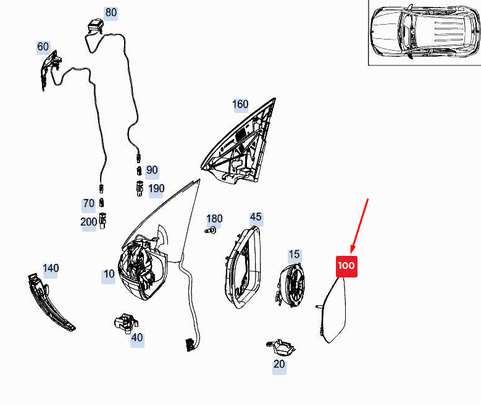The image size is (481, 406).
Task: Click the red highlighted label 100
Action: coord(346,266)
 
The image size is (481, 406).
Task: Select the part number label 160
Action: coord(240,104)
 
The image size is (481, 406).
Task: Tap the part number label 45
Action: coord(256,217)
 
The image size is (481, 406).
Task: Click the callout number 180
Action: coord(214,219)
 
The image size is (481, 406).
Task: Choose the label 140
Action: coord(51,268)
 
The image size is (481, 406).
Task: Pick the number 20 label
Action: coord(279,364)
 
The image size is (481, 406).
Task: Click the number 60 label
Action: coord(43,47)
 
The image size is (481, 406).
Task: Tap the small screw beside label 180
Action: coord(210,230)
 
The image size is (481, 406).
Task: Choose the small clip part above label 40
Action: coord(126,323)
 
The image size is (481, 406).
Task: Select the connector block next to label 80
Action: coord(95,26)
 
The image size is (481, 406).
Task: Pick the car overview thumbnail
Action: coord(425,32)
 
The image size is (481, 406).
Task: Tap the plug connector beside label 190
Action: coord(140,188)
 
